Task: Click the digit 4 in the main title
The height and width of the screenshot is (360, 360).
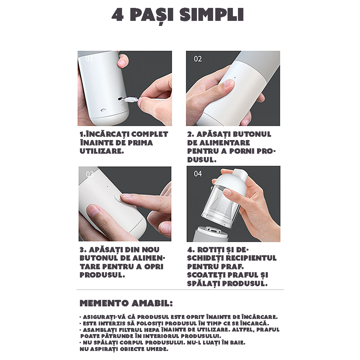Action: coord(118,15)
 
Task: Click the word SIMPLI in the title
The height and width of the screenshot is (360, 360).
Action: coord(211,15)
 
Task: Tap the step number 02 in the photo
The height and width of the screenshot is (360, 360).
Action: coord(198,59)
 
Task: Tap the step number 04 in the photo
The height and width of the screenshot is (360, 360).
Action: coord(198,174)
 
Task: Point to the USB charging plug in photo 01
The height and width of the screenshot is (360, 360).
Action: coord(130,100)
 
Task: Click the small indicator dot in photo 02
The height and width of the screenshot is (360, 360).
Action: coord(235,77)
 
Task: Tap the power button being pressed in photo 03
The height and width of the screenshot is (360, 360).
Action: coord(116,197)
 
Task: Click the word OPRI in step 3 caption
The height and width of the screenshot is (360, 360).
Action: coord(154,266)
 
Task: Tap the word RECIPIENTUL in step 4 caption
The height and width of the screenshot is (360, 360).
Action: coord(251,258)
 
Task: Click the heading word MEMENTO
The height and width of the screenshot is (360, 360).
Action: coord(104,303)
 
